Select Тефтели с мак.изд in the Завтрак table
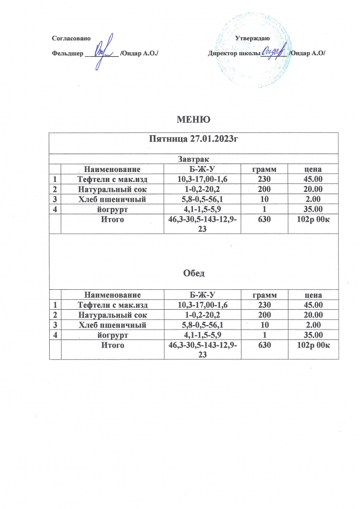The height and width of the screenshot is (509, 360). (x=113, y=178)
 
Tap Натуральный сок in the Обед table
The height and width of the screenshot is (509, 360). (x=113, y=315)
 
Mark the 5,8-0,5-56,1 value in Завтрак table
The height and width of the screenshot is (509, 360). (x=202, y=199)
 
